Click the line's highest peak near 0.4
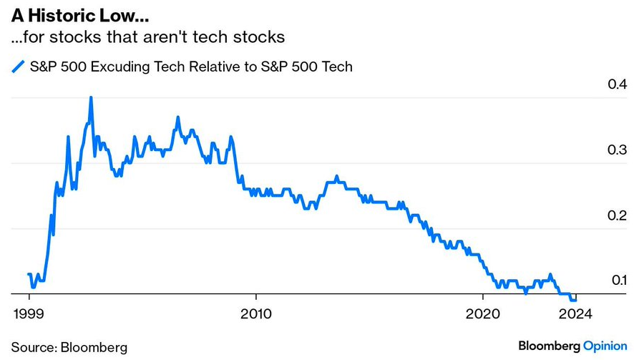point(91,97)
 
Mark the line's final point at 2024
point(575,299)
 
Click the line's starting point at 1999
point(28,274)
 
